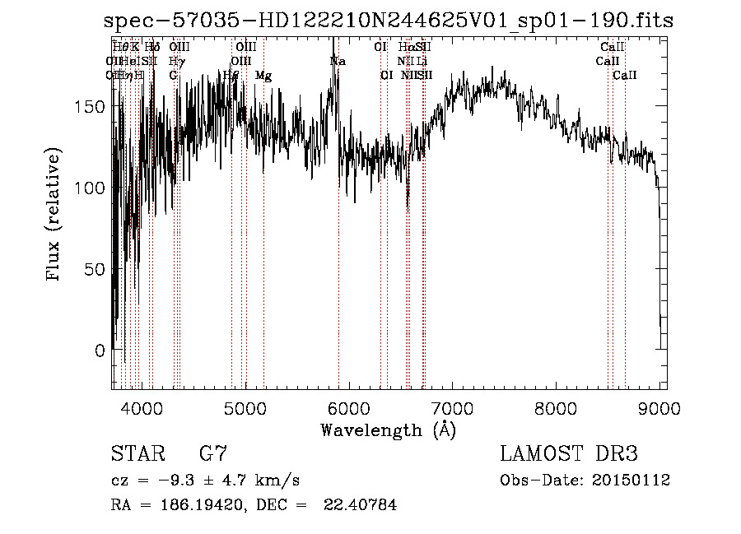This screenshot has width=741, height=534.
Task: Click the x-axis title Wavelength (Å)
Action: point(389,430)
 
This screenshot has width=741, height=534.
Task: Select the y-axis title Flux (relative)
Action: point(54,216)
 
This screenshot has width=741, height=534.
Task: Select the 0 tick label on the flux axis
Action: point(100,351)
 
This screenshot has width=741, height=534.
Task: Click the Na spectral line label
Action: point(338,61)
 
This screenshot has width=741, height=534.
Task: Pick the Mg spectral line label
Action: point(263,75)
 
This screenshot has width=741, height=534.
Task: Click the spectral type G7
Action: point(213,454)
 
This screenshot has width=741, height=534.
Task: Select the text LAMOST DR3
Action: point(569,454)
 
